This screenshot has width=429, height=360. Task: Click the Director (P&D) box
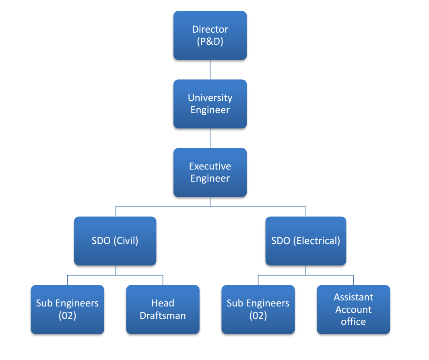(210, 35)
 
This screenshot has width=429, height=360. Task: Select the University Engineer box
(210, 104)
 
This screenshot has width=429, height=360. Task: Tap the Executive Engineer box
(210, 172)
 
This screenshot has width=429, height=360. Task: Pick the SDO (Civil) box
(115, 241)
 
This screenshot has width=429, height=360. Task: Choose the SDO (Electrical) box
(305, 241)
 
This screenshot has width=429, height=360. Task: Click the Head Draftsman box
(163, 309)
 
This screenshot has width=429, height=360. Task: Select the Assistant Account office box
(353, 309)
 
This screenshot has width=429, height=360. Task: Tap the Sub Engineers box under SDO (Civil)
(67, 309)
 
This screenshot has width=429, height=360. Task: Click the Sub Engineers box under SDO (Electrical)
(258, 309)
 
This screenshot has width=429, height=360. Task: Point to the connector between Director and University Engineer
(210, 70)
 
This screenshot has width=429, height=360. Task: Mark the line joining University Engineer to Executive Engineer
(210, 138)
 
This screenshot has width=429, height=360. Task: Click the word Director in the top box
(210, 29)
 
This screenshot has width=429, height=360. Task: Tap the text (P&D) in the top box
(210, 41)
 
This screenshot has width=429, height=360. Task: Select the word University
(210, 98)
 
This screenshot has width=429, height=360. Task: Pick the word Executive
(210, 166)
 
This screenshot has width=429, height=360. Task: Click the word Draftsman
(163, 316)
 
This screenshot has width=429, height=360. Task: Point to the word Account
(353, 310)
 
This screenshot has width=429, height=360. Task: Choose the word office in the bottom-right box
(353, 322)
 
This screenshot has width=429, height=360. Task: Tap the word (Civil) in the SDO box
(126, 241)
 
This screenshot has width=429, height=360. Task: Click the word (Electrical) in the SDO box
(316, 241)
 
